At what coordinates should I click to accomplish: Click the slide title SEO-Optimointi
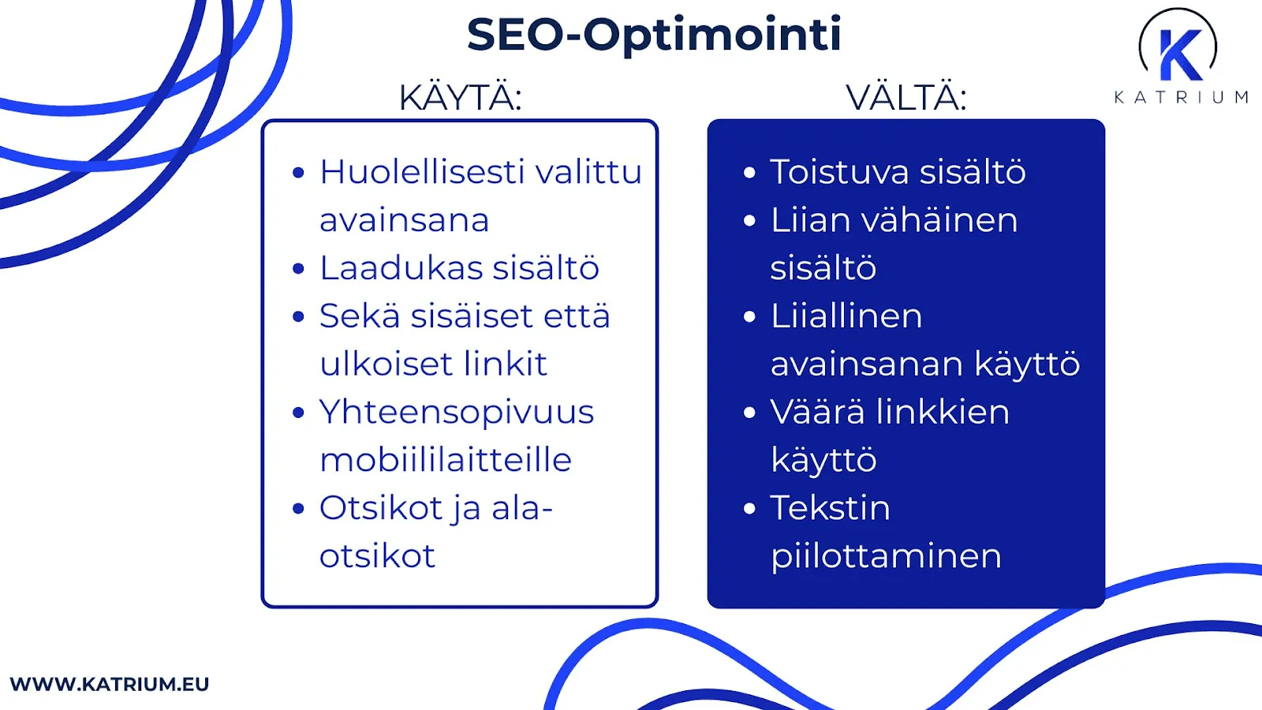[654, 35]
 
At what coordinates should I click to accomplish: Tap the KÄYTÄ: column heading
[460, 98]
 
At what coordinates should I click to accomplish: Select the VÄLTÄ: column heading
[906, 98]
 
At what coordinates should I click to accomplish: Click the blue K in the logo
[1180, 54]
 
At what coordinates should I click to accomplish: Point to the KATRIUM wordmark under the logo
[1181, 97]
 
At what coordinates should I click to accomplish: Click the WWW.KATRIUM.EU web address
[110, 684]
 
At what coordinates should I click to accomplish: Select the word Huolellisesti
[422, 172]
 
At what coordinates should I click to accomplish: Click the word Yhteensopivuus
[457, 413]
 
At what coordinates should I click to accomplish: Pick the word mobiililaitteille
[446, 460]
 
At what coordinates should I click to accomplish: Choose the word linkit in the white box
[505, 364]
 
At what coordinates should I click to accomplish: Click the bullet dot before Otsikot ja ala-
[298, 509]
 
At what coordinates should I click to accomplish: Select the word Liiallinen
[846, 316]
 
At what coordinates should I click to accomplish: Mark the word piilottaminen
[886, 556]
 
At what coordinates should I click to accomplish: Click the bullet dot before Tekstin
[749, 509]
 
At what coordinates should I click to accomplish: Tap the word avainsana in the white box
[404, 220]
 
